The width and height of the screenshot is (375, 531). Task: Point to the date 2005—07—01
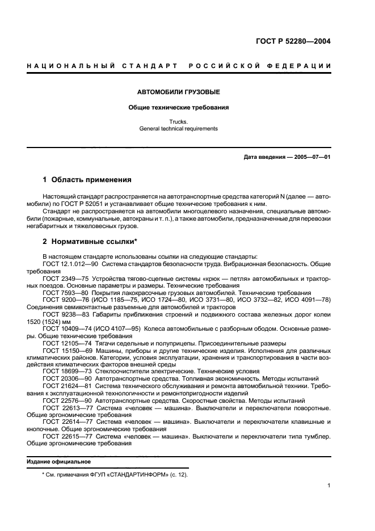pos(312,157)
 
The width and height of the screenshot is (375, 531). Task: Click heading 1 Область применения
pos(87,180)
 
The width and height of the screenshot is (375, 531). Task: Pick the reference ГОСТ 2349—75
pos(64,280)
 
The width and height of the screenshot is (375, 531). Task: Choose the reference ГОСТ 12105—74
pos(66,343)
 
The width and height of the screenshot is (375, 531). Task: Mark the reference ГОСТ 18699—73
pos(66,371)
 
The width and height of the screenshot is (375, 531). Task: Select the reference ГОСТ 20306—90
pos(66,378)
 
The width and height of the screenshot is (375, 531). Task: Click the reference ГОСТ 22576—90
pos(66,400)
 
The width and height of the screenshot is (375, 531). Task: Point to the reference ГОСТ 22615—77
pos(66,437)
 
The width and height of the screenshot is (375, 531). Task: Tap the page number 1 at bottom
pos(329,486)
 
